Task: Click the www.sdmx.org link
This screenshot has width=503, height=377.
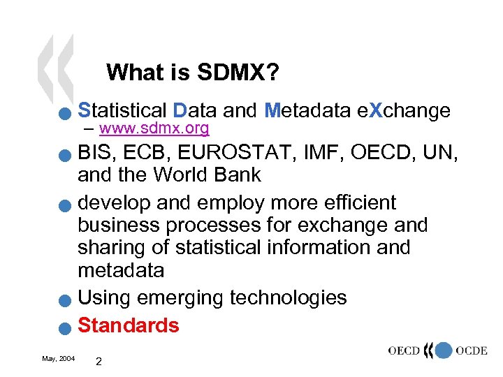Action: coord(154,128)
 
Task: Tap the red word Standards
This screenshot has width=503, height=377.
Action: coord(129,325)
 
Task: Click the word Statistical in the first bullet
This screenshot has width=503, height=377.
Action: coord(122,110)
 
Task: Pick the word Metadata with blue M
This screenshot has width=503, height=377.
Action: coord(307,110)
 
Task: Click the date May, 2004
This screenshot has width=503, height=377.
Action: coord(59,358)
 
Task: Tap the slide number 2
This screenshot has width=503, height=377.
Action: coord(99,362)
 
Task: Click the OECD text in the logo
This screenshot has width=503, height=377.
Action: coord(407,350)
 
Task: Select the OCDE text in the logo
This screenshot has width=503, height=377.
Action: coord(472,350)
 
